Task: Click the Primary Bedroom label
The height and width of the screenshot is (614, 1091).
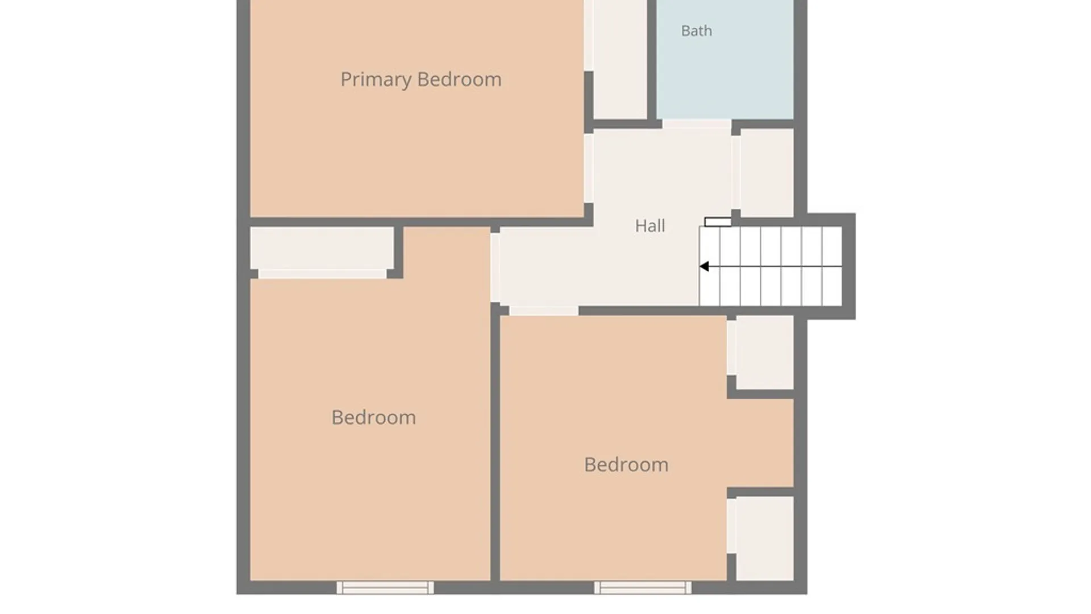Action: [x=421, y=80]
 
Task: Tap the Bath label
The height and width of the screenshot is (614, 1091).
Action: [x=697, y=31]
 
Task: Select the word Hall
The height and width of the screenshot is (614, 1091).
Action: [x=650, y=226]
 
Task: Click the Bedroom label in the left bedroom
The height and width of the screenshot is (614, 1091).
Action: [x=374, y=417]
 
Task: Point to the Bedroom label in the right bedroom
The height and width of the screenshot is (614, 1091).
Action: [x=626, y=464]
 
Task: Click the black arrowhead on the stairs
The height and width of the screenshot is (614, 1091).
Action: [x=704, y=266]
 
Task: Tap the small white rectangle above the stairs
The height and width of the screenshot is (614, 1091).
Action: [x=718, y=222]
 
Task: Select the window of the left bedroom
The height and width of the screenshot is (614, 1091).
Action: [x=385, y=587]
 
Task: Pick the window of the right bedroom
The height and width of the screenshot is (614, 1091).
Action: [x=643, y=587]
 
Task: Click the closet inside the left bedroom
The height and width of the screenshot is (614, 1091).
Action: [x=322, y=248]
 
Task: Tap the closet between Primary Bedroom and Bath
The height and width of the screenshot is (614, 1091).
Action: [x=620, y=59]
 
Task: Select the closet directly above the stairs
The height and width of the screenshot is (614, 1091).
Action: [x=767, y=173]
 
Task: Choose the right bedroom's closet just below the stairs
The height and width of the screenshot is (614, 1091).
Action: [x=765, y=352]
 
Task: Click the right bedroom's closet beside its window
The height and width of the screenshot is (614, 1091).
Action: [x=765, y=538]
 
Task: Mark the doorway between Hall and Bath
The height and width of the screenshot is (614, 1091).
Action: [x=697, y=124]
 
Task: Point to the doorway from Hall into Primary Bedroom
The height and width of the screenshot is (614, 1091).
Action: [x=589, y=168]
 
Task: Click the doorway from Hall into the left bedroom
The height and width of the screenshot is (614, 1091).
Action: [x=495, y=267]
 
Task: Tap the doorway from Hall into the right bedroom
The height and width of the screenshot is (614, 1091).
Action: [x=544, y=311]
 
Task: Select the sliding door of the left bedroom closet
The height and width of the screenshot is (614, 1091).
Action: [x=322, y=274]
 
